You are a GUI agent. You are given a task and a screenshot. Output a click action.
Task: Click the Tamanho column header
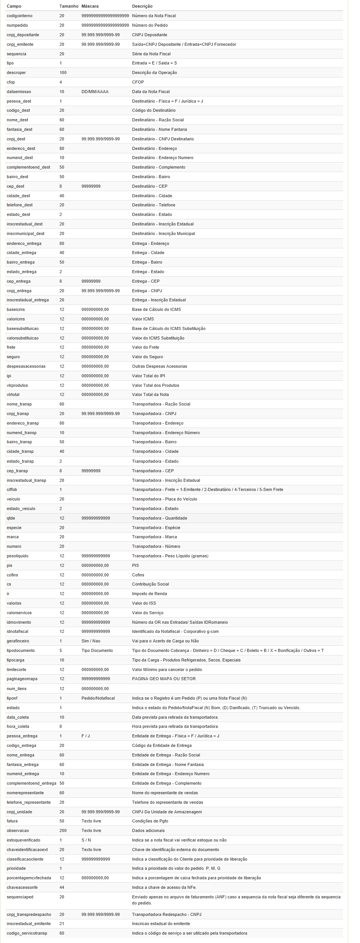click(69, 6)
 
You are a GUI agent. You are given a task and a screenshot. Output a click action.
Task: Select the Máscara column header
click(90, 6)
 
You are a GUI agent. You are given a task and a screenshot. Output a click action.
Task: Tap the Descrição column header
click(142, 6)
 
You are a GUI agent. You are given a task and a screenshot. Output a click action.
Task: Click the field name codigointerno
click(19, 16)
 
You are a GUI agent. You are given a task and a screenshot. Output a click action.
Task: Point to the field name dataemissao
click(19, 92)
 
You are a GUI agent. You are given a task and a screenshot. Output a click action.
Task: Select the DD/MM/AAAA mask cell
click(95, 92)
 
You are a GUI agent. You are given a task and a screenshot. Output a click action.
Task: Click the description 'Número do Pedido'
click(150, 25)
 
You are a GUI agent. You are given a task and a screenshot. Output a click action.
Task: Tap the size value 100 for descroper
click(63, 72)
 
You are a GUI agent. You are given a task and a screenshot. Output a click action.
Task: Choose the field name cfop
click(11, 82)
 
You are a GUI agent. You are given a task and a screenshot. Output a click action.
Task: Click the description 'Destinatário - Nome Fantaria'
click(159, 129)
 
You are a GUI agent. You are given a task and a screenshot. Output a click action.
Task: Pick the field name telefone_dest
click(19, 205)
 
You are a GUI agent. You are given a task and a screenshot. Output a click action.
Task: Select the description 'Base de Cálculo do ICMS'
click(156, 309)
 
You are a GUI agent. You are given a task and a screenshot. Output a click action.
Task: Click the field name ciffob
click(12, 489)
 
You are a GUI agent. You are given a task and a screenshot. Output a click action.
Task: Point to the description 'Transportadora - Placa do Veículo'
click(164, 499)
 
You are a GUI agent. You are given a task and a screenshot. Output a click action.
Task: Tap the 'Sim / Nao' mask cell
click(91, 641)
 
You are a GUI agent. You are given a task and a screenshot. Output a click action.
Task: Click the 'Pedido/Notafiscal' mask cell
click(98, 698)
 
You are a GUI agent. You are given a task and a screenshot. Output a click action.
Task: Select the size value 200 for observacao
click(63, 830)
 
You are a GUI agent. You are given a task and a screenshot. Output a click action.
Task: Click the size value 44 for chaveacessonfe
click(62, 887)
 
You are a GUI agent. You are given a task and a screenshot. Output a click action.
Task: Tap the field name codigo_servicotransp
click(27, 933)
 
